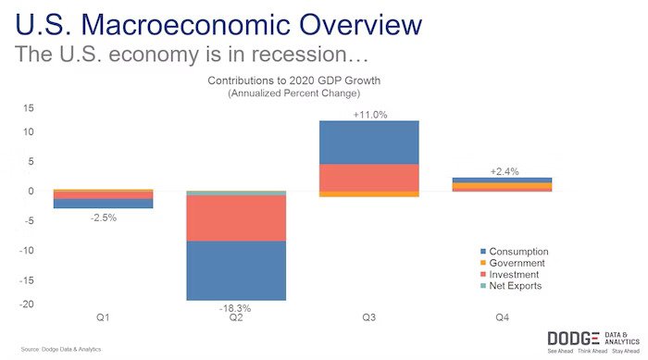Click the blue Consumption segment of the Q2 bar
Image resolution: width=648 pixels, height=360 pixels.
(235, 270)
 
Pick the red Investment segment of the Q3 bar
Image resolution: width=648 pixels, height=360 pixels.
(368, 177)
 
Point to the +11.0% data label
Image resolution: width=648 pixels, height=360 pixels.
(369, 114)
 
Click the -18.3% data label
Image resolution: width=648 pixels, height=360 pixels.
(233, 307)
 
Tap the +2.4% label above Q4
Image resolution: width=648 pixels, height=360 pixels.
(503, 171)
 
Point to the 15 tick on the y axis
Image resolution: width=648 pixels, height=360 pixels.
(29, 108)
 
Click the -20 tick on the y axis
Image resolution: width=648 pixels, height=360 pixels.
(27, 304)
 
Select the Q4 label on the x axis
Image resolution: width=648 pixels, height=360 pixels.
(503, 317)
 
